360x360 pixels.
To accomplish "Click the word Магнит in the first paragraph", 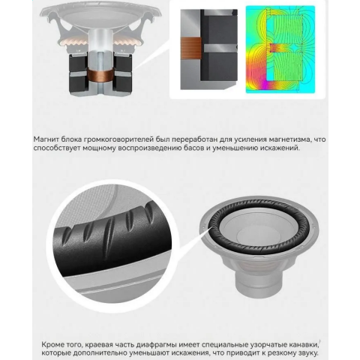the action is coord(46,139).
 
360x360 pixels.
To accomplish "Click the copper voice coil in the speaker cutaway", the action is coord(100,75).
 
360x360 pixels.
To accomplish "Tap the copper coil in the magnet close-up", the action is coord(190,48).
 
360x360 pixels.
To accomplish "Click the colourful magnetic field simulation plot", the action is coord(280,49).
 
